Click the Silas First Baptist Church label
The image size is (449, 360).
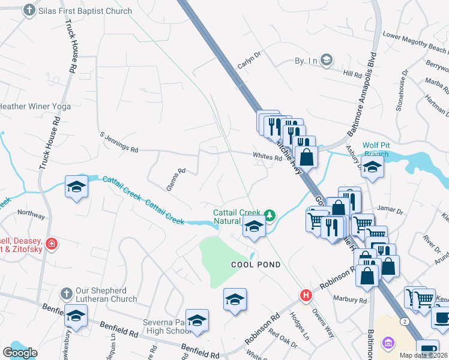click(85, 11)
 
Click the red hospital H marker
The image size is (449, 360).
click(306, 296)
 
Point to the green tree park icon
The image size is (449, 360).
click(270, 215)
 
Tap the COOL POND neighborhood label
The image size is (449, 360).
click(256, 265)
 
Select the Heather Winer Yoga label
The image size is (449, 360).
click(35, 107)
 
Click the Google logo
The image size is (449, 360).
click(20, 353)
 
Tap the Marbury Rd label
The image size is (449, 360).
click(355, 300)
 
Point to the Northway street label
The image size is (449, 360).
click(31, 214)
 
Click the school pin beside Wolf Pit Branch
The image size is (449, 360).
click(373, 169)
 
